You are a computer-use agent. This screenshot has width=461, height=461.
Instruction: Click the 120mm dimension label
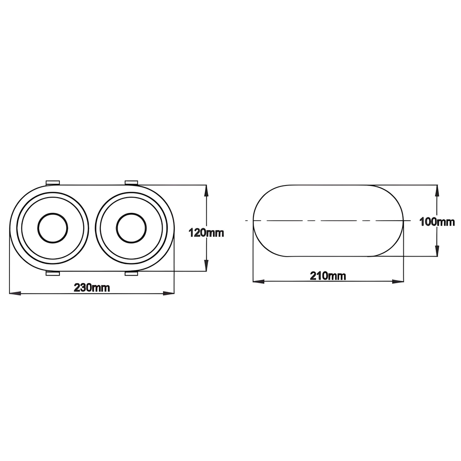click(x=206, y=233)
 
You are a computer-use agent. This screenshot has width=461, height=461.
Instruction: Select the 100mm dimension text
click(x=437, y=221)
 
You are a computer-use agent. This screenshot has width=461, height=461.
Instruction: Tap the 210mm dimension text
click(x=328, y=276)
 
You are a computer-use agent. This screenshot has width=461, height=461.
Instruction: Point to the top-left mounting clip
click(x=53, y=182)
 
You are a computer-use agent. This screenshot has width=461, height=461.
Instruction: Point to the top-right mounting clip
click(x=131, y=182)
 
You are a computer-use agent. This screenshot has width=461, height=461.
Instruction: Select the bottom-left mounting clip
click(x=53, y=273)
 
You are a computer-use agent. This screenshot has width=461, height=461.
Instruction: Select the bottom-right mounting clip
click(x=131, y=273)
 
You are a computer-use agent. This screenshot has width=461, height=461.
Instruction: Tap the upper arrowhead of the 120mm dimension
click(x=206, y=190)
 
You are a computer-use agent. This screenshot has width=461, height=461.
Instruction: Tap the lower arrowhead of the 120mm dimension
click(x=206, y=266)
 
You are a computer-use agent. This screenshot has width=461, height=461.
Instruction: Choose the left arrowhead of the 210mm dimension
click(x=258, y=282)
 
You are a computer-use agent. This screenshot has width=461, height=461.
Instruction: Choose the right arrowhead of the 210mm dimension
click(x=398, y=282)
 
